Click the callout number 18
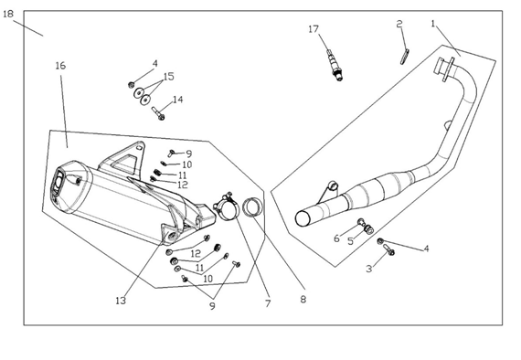tap(8, 14)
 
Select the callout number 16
tap(60, 66)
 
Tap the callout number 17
tap(314, 29)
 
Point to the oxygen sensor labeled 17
tap(335, 65)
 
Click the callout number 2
tap(399, 24)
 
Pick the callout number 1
tap(433, 24)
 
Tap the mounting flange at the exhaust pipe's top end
tap(444, 69)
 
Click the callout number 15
tap(168, 77)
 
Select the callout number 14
tap(177, 100)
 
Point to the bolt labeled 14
tap(158, 113)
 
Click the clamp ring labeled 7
tap(225, 207)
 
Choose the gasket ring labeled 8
tap(252, 206)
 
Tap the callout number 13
tap(121, 301)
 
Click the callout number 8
tap(303, 299)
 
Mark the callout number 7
tap(268, 303)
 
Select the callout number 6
tap(336, 238)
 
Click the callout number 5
tap(351, 241)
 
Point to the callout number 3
tap(369, 269)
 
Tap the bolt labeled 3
tap(388, 249)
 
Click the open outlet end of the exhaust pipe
tap(303, 218)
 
